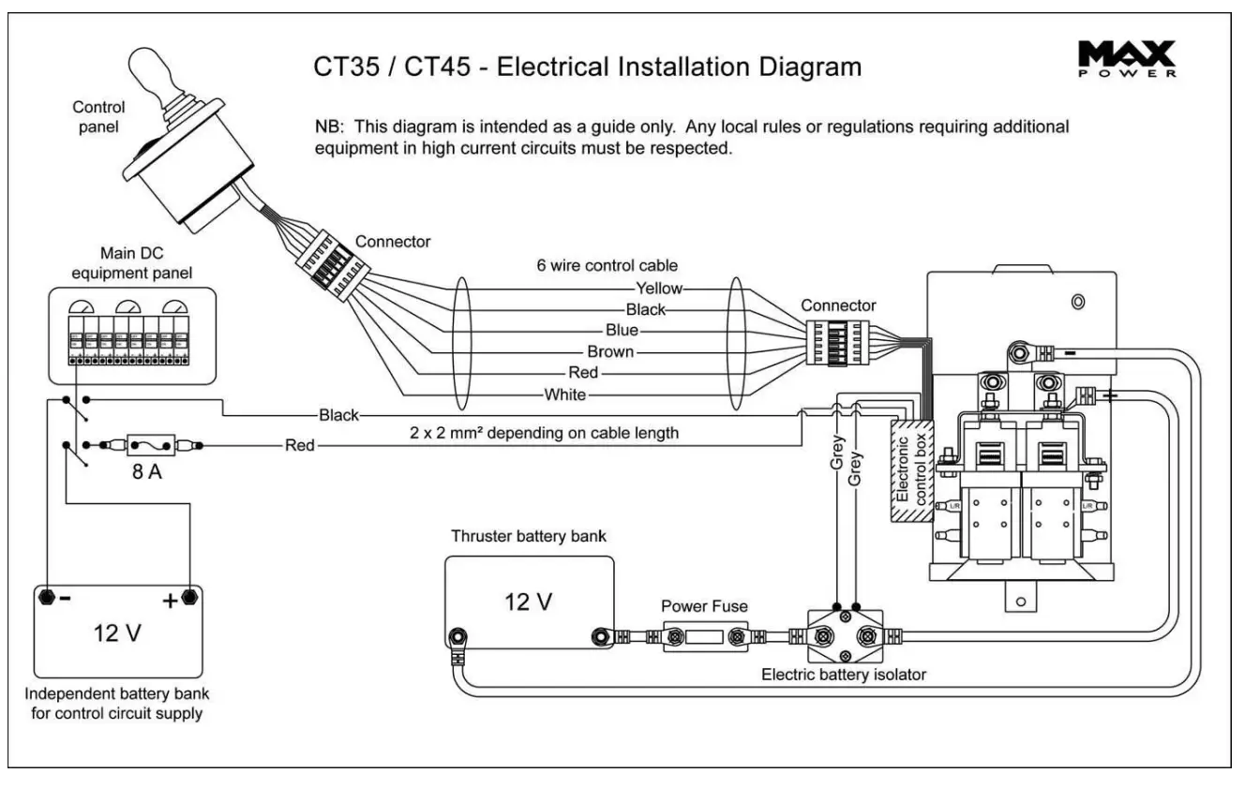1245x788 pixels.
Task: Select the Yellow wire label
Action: click(x=659, y=289)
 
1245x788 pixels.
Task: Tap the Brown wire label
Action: click(x=610, y=352)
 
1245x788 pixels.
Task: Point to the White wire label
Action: click(x=565, y=394)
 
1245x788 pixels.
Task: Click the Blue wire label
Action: click(x=622, y=331)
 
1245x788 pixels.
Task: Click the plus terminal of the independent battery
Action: click(x=189, y=595)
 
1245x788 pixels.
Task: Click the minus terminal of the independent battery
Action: click(x=44, y=595)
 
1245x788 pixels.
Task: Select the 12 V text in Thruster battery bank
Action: click(x=529, y=602)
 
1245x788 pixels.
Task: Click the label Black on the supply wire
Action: click(x=339, y=415)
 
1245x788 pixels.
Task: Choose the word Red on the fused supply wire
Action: click(x=300, y=446)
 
